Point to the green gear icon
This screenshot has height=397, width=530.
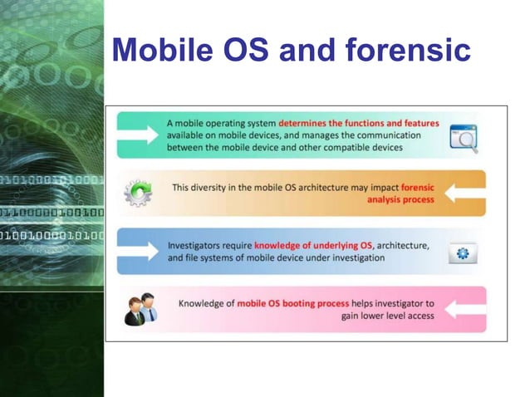click(138, 194)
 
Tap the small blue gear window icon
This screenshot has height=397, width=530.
click(463, 252)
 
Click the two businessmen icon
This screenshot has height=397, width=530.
click(140, 309)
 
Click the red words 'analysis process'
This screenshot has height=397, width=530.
click(401, 200)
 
